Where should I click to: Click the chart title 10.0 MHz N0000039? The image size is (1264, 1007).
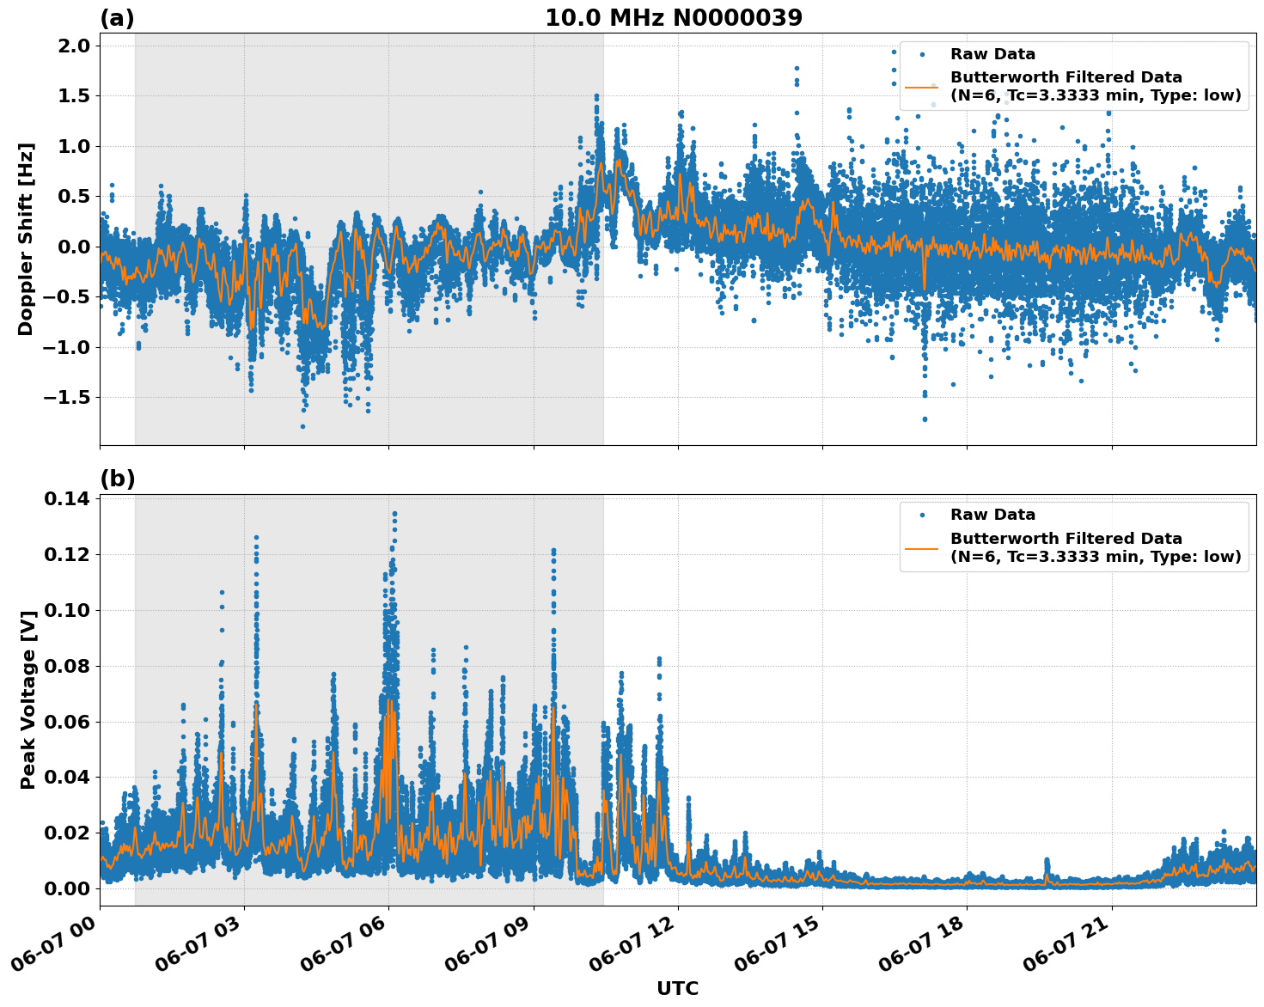[x=674, y=17]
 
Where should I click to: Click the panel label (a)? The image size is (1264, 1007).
[x=117, y=18]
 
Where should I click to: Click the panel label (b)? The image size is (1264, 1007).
[x=117, y=479]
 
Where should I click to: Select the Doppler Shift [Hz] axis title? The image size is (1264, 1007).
[x=26, y=239]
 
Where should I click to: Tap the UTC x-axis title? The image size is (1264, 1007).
[x=677, y=988]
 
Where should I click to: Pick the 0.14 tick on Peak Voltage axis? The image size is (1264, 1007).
[x=67, y=499]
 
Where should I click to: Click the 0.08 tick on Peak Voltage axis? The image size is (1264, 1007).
[x=67, y=666]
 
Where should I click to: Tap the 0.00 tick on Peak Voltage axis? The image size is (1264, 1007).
[x=67, y=888]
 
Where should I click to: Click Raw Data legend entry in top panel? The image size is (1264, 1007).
[x=992, y=54]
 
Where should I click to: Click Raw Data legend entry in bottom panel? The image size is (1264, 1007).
[x=992, y=515]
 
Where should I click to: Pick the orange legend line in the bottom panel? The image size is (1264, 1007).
[x=921, y=547]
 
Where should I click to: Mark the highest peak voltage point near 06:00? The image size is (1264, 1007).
[x=394, y=514]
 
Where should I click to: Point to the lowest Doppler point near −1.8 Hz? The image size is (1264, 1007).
[x=302, y=426]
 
